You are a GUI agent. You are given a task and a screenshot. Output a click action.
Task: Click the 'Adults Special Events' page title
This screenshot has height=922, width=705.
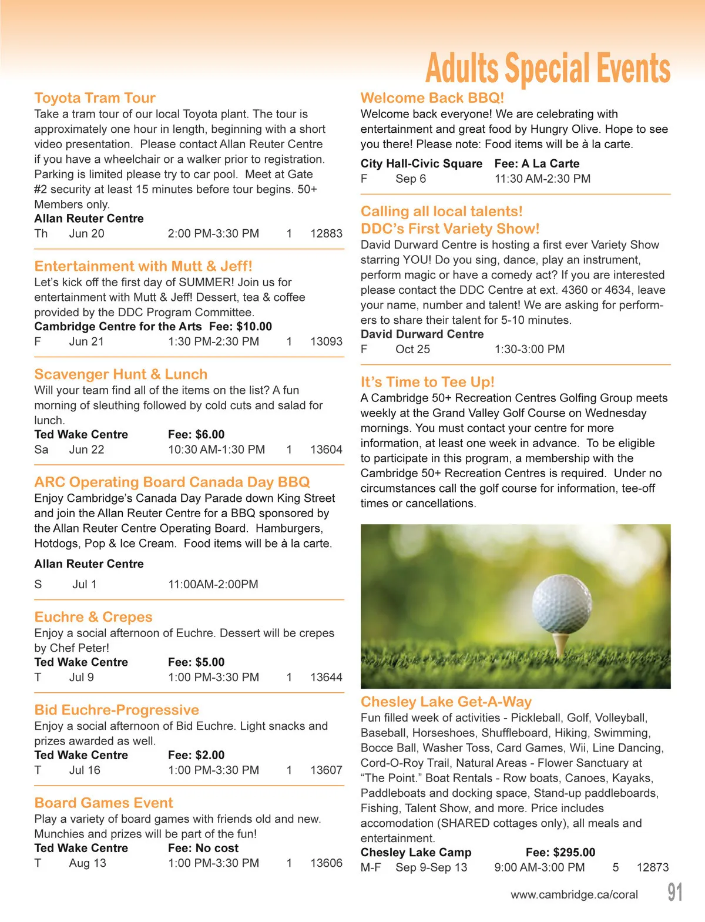point(548,68)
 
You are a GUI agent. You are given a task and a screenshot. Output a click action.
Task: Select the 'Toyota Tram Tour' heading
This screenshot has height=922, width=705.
point(95,98)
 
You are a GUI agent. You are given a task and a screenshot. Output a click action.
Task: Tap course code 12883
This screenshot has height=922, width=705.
point(326,233)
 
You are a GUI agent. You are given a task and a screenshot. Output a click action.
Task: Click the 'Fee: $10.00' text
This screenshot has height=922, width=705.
point(240,327)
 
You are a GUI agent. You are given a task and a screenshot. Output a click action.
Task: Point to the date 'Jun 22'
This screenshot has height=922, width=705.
point(86,450)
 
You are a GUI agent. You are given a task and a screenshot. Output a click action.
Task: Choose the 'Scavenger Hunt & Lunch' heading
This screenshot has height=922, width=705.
point(120,374)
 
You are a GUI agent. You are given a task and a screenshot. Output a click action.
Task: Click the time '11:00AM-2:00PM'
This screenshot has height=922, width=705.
point(213,584)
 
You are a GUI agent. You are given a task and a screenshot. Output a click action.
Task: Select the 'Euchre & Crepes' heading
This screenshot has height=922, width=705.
point(93,617)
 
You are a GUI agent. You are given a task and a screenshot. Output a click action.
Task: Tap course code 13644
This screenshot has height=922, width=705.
point(326,677)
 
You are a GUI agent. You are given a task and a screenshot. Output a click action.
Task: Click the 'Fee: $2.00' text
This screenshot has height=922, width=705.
point(196,755)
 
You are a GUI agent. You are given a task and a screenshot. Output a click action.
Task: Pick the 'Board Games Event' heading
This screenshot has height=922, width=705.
point(103,803)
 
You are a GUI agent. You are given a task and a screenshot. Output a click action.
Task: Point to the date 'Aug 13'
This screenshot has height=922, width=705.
point(88,863)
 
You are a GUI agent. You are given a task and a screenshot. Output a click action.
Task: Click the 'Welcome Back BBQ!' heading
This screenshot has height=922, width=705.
point(432,98)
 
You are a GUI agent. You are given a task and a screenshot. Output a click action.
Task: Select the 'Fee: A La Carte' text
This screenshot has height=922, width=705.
point(537,164)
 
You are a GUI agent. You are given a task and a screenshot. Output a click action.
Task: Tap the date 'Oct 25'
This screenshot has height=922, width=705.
point(412,349)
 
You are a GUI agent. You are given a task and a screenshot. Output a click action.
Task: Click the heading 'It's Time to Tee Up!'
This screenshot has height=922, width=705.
point(427,382)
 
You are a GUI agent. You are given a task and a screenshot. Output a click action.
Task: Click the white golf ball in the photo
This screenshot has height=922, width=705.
point(562,605)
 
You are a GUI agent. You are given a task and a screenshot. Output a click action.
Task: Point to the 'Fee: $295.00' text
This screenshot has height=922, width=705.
point(560,853)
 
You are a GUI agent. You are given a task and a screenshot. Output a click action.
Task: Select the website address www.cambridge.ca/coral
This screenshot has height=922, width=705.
point(574,894)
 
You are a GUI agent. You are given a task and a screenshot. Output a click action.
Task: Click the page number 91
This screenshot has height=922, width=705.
point(675,892)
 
